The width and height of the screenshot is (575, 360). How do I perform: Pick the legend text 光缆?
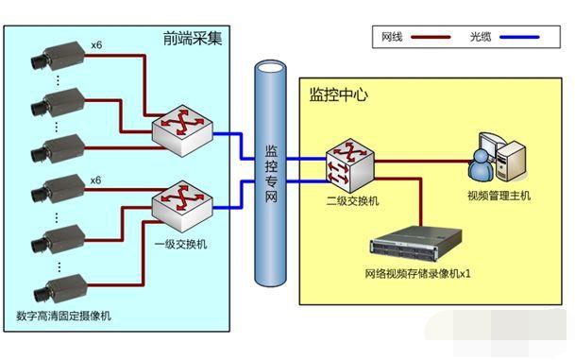(481, 38)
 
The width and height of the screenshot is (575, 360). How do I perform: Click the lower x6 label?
(95, 180)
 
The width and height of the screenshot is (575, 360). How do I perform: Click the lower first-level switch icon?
(179, 201)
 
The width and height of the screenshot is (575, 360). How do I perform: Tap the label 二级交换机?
(346, 201)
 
